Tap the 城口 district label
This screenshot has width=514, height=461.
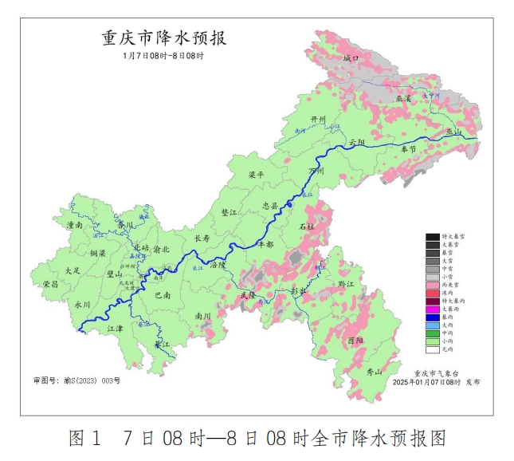(351, 59)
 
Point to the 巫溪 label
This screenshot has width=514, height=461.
(403, 98)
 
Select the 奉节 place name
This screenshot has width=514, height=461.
(408, 149)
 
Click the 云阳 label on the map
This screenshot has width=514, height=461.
(356, 142)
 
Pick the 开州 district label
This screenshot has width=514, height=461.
(319, 120)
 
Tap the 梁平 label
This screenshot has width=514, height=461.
(257, 175)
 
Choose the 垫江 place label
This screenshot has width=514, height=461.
(229, 212)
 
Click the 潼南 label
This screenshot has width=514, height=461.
(76, 227)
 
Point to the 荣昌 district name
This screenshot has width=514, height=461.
(51, 284)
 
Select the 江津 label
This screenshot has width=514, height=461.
(115, 328)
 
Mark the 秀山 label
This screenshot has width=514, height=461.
(374, 372)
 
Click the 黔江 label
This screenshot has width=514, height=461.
(346, 284)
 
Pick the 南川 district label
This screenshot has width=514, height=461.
(202, 316)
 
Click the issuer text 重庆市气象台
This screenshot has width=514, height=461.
(437, 372)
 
